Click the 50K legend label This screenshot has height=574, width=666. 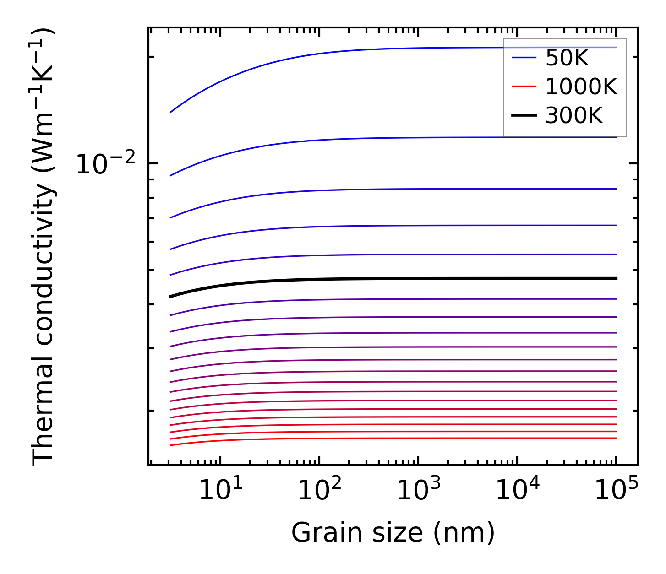coord(567,58)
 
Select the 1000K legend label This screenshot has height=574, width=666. coord(581,87)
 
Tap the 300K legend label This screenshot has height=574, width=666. coord(574,116)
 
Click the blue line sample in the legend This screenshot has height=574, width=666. coord(524,58)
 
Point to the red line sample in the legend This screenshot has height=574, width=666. coord(524,86)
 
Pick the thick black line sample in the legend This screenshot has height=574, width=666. coord(524,115)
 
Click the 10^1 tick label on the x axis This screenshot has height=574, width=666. coord(220,490)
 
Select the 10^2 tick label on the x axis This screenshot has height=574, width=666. coord(320,490)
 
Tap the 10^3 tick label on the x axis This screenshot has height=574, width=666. coord(419,490)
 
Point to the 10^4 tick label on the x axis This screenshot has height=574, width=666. coord(518,490)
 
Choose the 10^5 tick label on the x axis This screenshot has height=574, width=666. coord(617,490)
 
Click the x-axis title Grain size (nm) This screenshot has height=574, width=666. coord(393,533)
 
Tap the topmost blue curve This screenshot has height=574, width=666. coord(366,49)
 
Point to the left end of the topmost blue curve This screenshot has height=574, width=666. coord(171,112)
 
